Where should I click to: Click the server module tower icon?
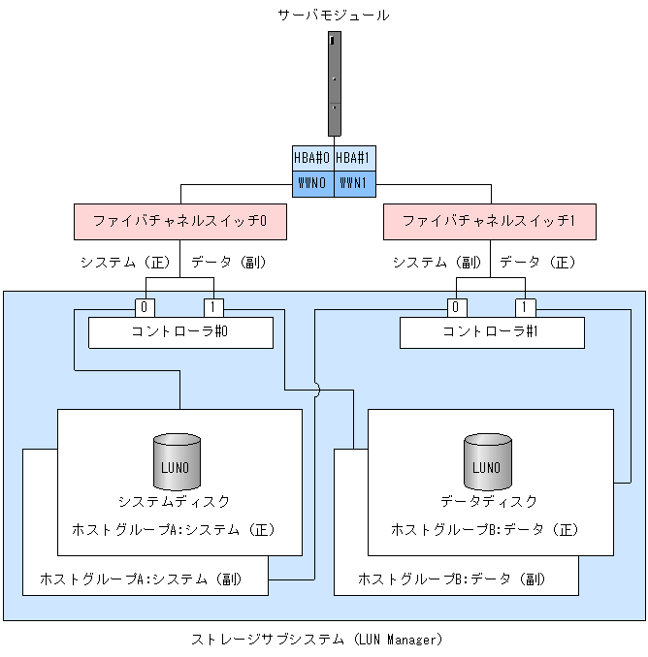335,83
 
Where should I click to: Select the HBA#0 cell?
312,157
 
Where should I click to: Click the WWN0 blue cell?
312,182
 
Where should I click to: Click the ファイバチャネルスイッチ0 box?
179,221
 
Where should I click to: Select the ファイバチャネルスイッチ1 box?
489,221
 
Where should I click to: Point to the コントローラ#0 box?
179,332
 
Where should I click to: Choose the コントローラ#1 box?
492,332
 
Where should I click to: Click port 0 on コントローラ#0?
146,308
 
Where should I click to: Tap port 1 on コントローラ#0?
214,308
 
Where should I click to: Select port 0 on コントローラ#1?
456,308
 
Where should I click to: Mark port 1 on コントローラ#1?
525,308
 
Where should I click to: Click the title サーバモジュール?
334,16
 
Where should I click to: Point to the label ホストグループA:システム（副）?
140,579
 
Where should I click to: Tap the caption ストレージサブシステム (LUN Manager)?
316,640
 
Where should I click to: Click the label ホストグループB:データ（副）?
452,579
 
